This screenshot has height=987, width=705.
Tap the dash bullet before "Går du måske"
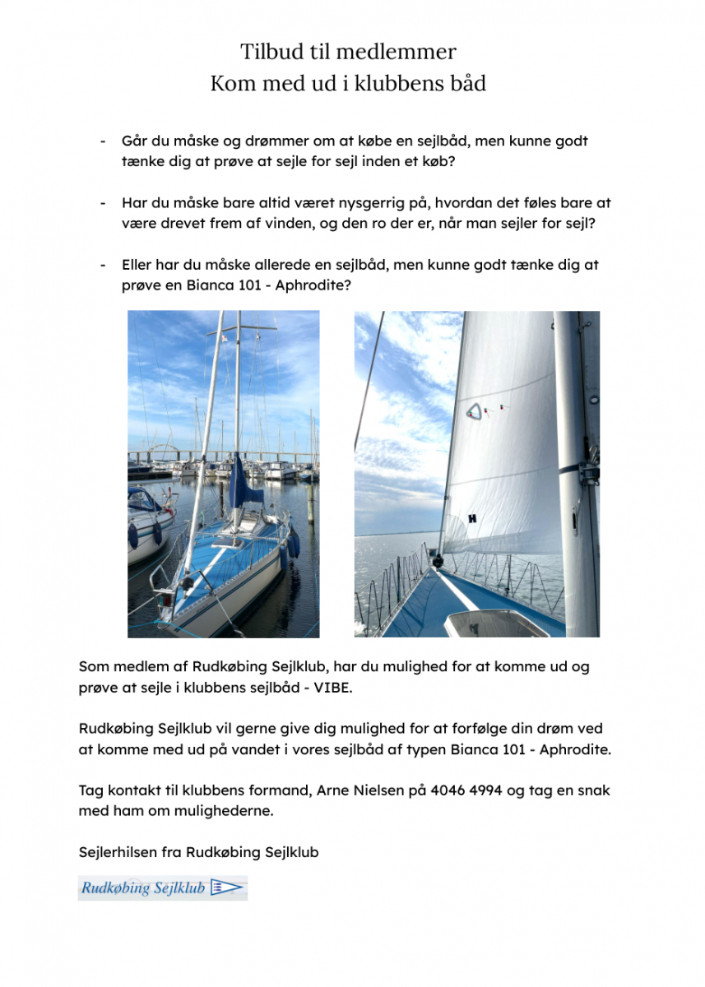coord(104,141)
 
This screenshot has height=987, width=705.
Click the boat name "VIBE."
coord(333,687)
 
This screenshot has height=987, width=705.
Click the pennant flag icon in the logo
coord(227,887)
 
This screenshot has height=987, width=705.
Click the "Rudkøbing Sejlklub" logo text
coord(143,888)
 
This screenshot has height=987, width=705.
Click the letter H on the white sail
coord(472,518)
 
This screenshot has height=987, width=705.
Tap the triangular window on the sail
coord(474,411)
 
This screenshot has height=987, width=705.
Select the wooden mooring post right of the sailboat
coord(310,502)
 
